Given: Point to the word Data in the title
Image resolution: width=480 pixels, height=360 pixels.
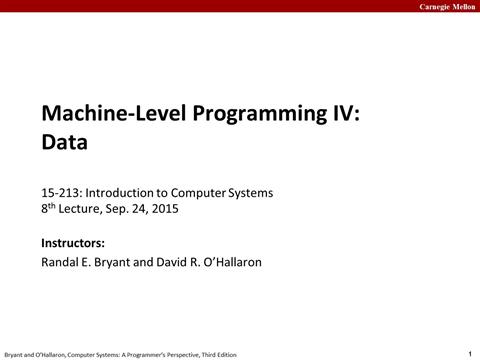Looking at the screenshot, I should click(64, 142).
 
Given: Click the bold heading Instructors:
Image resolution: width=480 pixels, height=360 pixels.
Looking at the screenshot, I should click(73, 243).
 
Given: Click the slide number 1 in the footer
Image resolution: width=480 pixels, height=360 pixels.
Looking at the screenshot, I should click(469, 352).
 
